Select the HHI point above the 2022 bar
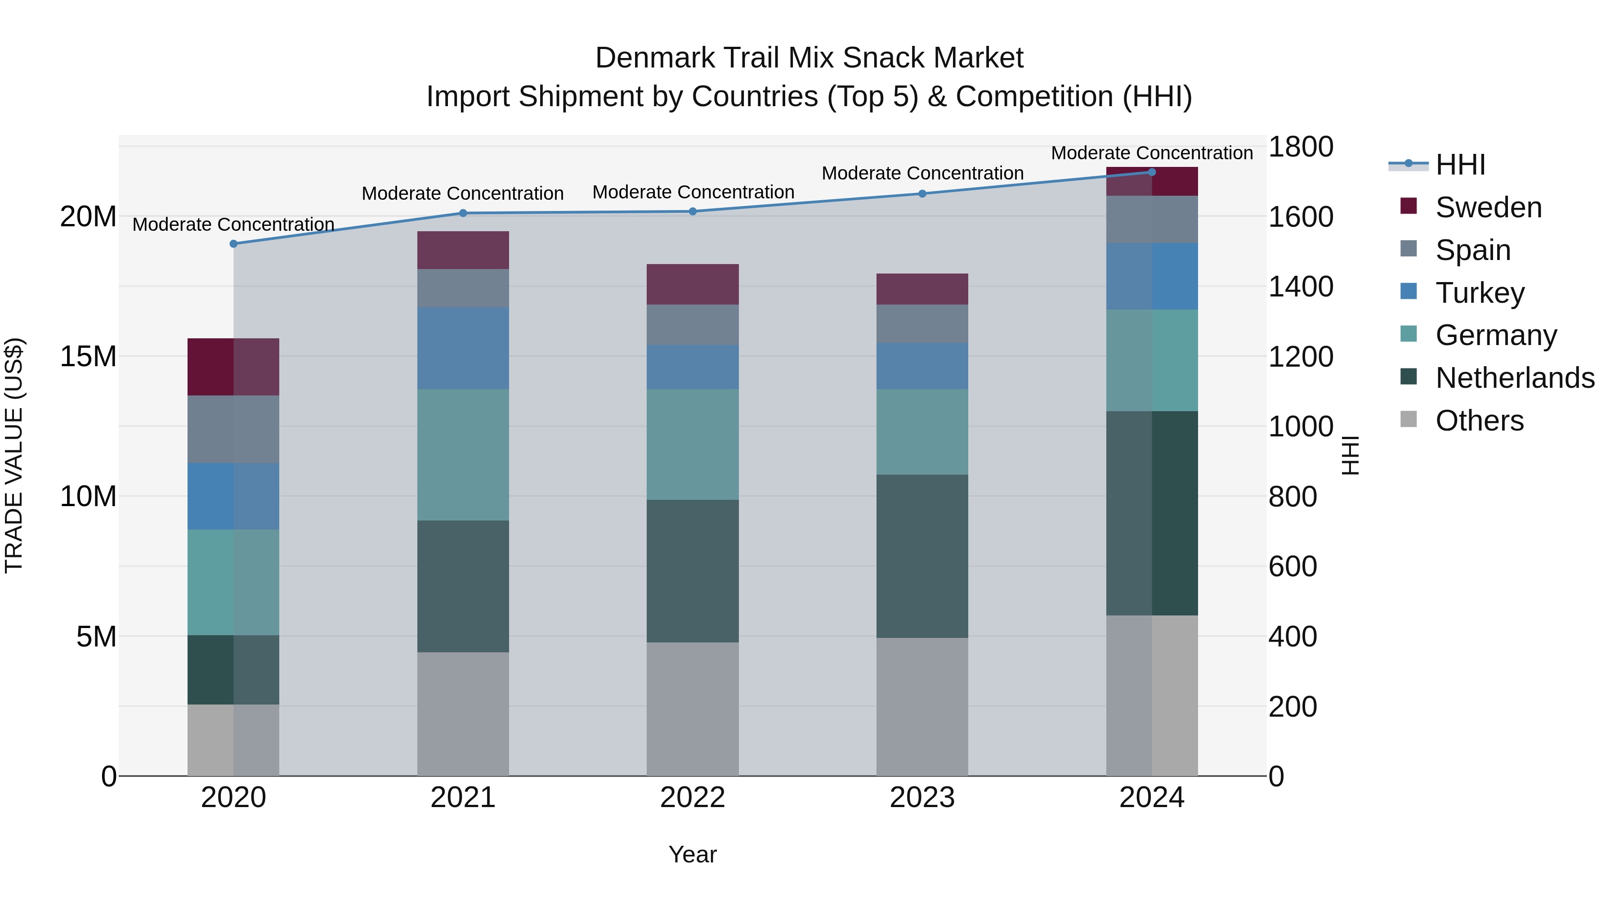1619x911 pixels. [x=693, y=212]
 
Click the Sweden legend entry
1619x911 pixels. [x=1488, y=207]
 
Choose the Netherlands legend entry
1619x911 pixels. [x=1515, y=378]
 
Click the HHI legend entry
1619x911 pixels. [x=1460, y=165]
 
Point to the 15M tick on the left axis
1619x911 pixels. [x=88, y=356]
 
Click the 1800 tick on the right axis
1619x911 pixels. [x=1300, y=147]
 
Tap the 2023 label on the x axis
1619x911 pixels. [x=922, y=798]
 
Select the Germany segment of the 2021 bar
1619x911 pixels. [x=463, y=454]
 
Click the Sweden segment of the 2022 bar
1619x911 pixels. [x=693, y=284]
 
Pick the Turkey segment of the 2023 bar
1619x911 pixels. [x=922, y=366]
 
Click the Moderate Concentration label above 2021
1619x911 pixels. [x=463, y=193]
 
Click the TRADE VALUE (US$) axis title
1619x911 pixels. [x=14, y=455]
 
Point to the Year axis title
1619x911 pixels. [x=693, y=854]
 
